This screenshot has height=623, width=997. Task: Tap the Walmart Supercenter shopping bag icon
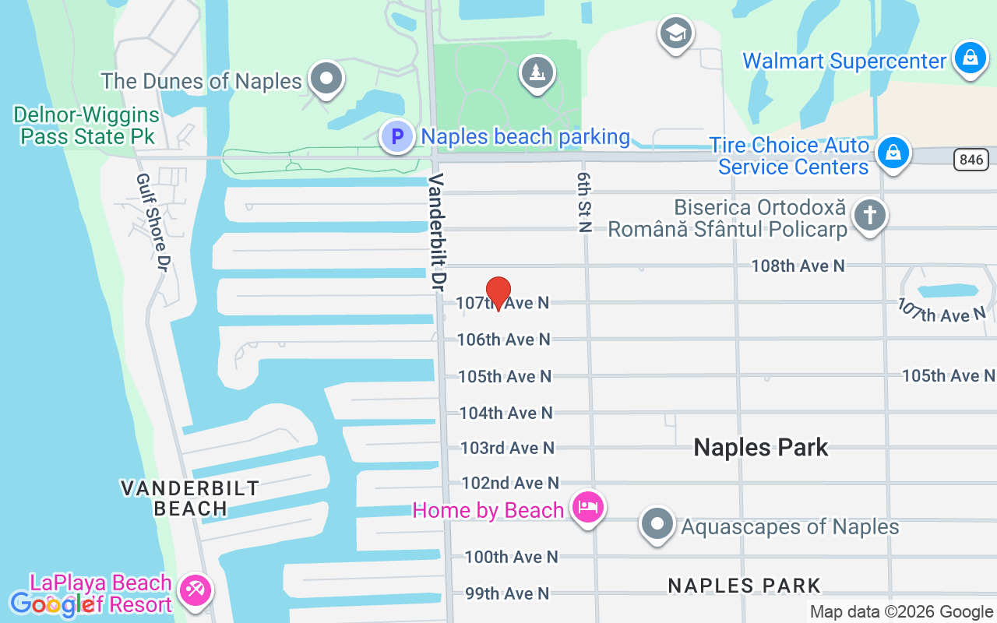(x=970, y=58)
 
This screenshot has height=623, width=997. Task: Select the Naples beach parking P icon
(x=397, y=137)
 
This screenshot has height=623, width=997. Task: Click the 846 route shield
(x=971, y=160)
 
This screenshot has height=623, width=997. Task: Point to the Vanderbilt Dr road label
(x=437, y=233)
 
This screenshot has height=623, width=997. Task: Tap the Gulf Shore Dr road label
(x=153, y=222)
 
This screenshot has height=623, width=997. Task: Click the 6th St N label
(x=585, y=202)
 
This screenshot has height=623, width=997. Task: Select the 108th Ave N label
(x=798, y=266)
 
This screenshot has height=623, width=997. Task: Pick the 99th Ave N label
(x=507, y=593)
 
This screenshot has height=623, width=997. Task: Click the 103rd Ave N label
(x=507, y=448)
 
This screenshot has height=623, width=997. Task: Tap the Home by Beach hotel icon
(x=587, y=508)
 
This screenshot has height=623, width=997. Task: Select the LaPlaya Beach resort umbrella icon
(x=193, y=590)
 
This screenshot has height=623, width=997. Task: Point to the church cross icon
(x=869, y=214)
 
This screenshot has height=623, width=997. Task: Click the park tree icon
(x=537, y=73)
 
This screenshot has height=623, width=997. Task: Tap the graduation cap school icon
(x=675, y=33)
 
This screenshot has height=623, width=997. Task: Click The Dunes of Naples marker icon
(x=326, y=79)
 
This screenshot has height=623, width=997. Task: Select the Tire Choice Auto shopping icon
(x=893, y=153)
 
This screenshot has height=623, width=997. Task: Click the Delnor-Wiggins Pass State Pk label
(x=86, y=126)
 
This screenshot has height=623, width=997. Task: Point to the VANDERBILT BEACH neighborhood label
(x=191, y=498)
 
